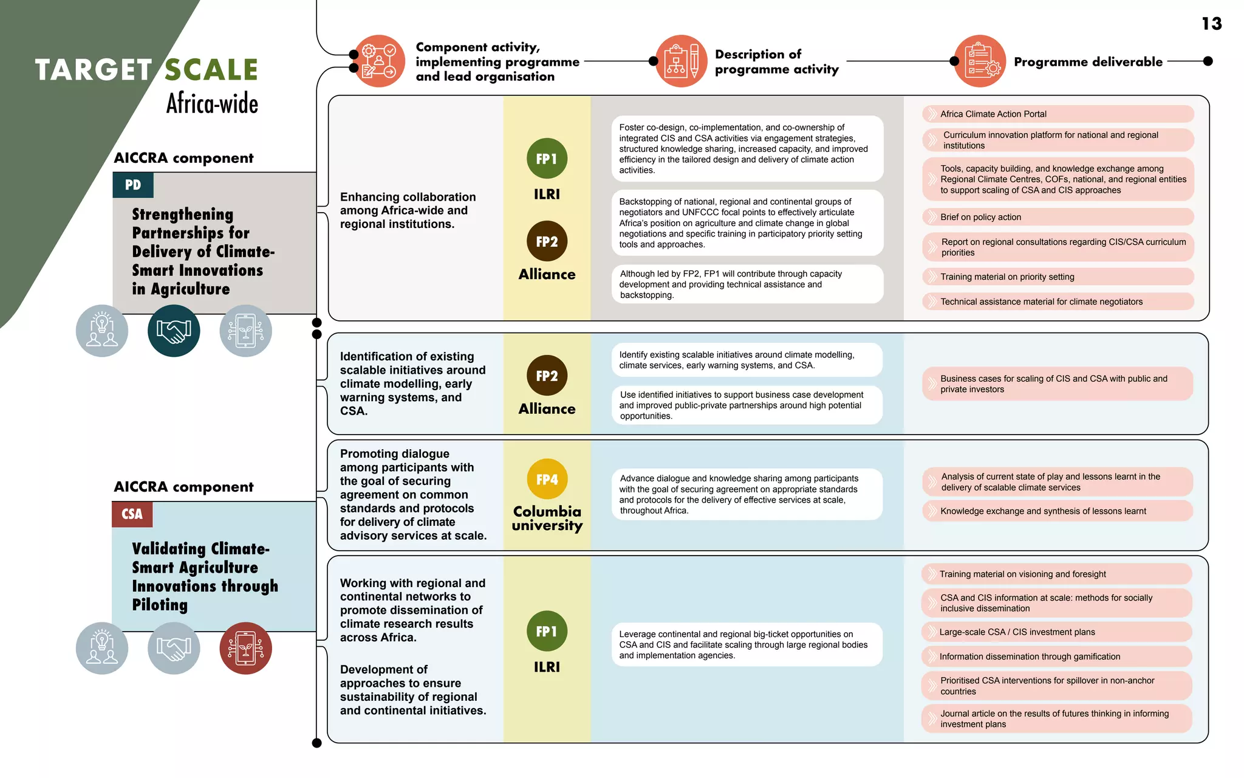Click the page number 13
point(1211,24)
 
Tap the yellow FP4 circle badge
point(547,480)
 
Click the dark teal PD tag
point(133,185)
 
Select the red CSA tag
point(132,514)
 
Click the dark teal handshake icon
point(174,331)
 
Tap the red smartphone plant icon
point(245,648)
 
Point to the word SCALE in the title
point(211,70)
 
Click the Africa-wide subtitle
point(212,104)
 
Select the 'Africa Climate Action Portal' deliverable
point(1058,114)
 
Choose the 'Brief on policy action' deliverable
point(1058,217)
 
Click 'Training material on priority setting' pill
point(1058,277)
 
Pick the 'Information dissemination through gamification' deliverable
point(1056,656)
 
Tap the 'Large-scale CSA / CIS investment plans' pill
point(1056,632)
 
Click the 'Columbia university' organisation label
point(547,518)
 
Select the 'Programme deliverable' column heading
point(1088,62)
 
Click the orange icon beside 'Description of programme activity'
point(682,61)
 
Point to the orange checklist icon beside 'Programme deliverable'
point(980,61)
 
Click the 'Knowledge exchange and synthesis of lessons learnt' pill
point(1058,511)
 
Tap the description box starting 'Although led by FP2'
point(747,284)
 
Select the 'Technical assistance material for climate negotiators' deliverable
point(1058,301)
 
